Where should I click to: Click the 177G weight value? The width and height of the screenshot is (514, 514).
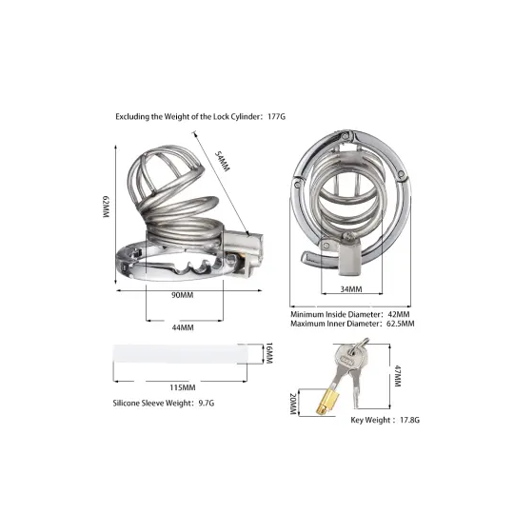click(x=276, y=116)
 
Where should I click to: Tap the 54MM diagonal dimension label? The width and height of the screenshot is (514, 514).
click(x=222, y=161)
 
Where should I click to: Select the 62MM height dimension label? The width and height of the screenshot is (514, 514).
click(x=106, y=207)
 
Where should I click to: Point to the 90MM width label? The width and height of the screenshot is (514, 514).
click(x=183, y=295)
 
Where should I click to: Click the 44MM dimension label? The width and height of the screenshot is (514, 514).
click(x=183, y=327)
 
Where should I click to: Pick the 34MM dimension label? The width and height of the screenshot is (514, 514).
click(x=351, y=289)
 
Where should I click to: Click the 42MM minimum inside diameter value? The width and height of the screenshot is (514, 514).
click(x=399, y=314)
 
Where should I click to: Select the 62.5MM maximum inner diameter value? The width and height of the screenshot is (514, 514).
click(x=401, y=324)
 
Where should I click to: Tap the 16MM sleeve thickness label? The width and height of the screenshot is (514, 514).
click(x=268, y=353)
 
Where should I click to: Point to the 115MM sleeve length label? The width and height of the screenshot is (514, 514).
click(x=183, y=387)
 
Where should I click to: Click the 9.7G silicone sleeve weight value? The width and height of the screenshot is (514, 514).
click(x=207, y=403)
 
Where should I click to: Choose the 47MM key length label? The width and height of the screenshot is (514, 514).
click(x=397, y=376)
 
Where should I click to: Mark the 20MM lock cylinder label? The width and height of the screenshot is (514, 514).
click(x=293, y=404)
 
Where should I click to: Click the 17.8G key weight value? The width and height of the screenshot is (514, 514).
click(x=409, y=420)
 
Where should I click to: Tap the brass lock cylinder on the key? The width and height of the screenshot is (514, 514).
click(x=325, y=403)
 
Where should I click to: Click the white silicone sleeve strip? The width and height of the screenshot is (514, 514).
click(x=180, y=353)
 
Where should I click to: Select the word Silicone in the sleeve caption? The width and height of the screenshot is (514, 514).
click(x=126, y=403)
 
